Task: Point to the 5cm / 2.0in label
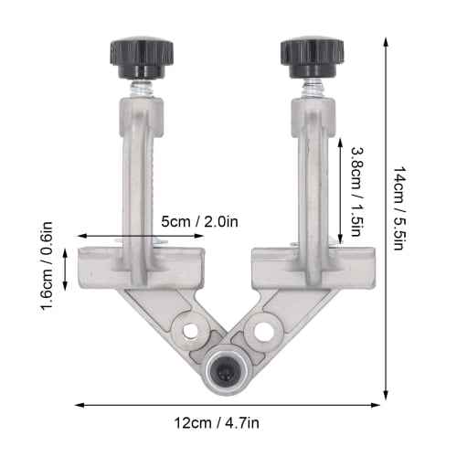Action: click(199, 220)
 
